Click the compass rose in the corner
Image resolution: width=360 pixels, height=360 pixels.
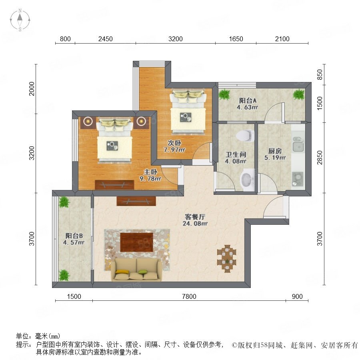[20, 20]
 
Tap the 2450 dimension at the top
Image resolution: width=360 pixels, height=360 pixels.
[105, 39]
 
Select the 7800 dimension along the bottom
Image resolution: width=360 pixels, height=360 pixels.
[189, 296]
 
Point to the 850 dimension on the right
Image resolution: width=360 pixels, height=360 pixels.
[319, 75]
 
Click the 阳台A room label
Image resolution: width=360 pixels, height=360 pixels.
[248, 100]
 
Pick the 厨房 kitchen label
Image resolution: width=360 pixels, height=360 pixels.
[275, 151]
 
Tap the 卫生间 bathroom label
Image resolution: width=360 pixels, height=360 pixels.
[236, 154]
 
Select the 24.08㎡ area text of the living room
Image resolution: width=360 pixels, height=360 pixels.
[195, 223]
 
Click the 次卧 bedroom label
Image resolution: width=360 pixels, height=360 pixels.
[174, 143]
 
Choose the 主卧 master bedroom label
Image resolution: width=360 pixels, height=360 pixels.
[150, 172]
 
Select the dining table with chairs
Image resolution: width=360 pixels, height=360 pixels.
[227, 259]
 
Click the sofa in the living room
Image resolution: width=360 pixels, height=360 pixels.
[137, 270]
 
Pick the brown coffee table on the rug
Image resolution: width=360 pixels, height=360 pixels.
[137, 242]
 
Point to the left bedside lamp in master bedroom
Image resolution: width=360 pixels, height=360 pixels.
[88, 121]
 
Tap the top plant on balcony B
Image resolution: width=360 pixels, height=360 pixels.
[64, 202]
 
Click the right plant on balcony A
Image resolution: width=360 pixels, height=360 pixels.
[299, 94]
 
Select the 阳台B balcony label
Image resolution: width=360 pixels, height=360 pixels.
[74, 236]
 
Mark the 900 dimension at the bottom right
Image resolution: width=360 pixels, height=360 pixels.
[297, 296]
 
